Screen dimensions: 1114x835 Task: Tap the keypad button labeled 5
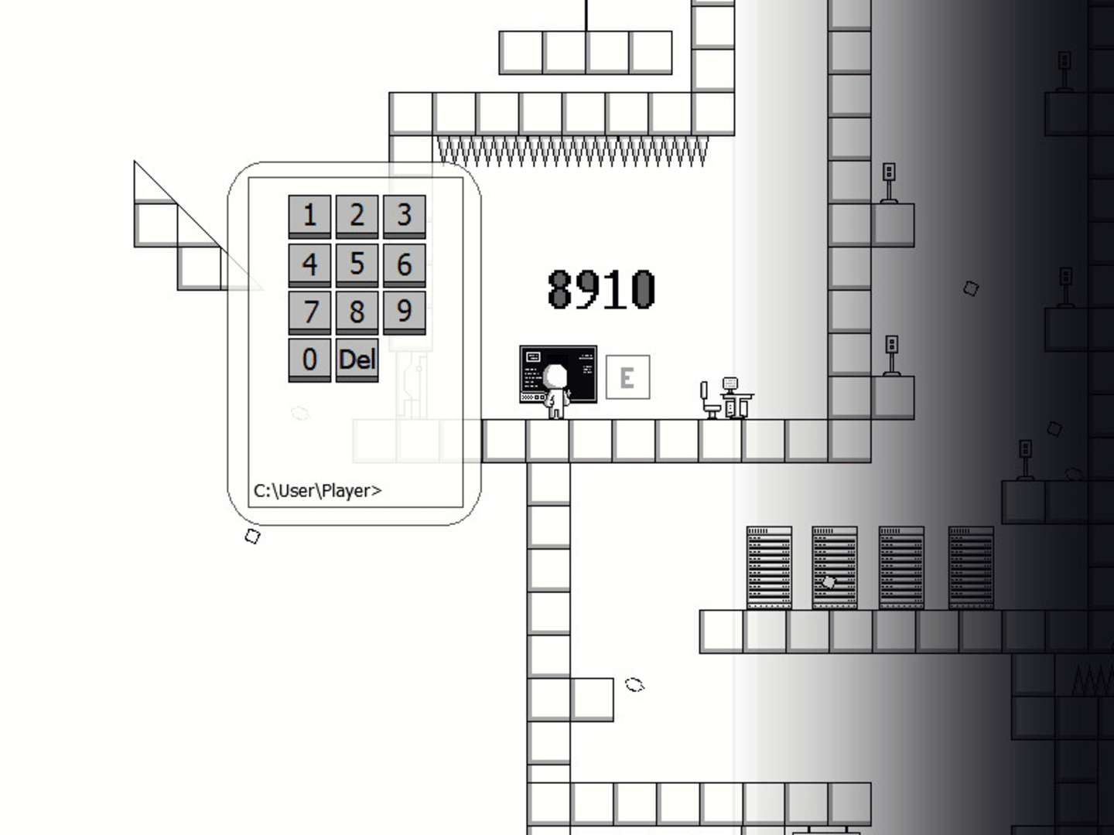coord(357,265)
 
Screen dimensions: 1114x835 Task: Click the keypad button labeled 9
coord(405,313)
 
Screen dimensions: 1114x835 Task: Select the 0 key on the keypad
coord(309,360)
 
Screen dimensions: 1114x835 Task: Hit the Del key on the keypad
coord(357,360)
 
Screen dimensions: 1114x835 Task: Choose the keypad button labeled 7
coord(309,313)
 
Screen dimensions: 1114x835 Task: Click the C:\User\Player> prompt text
coord(317,491)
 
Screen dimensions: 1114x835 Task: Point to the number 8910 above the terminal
coord(601,289)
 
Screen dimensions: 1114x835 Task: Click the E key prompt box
coord(628,377)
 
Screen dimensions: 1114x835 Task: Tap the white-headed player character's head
coord(555,377)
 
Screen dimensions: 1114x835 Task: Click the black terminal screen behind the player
coord(559,374)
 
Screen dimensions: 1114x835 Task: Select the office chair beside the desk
coord(709,400)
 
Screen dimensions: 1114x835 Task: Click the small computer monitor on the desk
coord(730,383)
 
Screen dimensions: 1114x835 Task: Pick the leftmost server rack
coord(769,567)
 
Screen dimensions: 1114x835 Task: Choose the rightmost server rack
coord(971,567)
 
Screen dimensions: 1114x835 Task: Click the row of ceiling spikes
coord(572,151)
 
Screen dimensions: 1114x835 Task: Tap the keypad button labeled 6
coord(405,265)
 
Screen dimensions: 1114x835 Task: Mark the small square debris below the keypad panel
coord(252,536)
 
